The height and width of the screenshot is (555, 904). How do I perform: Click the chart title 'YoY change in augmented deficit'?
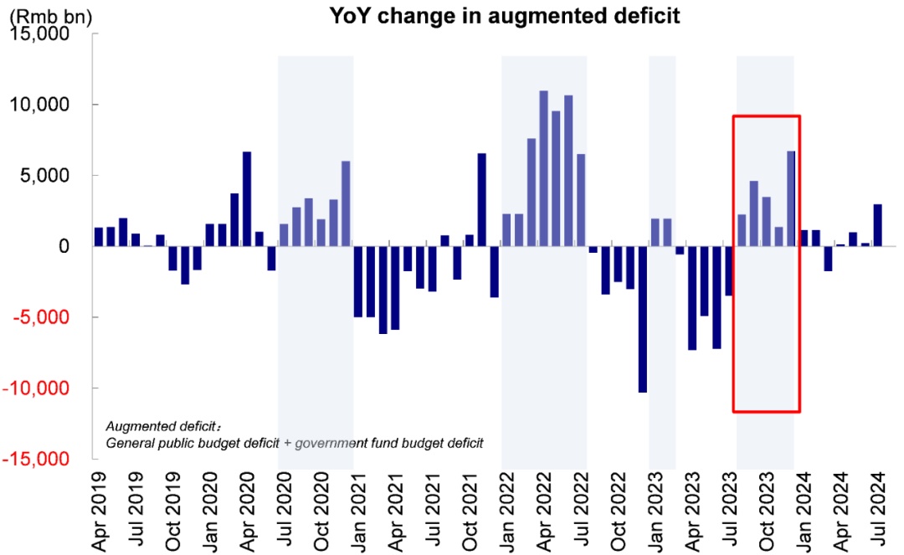pos(505,17)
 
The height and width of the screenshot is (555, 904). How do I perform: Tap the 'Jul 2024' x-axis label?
pos(878,510)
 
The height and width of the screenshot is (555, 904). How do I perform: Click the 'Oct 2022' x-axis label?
pos(619,510)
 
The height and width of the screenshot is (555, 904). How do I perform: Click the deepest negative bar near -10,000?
pos(643,319)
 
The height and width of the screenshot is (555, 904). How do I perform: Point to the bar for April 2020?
pos(247,199)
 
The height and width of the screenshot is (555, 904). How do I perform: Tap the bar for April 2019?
pos(99,237)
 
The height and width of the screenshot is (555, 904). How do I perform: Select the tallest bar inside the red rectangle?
pos(791,199)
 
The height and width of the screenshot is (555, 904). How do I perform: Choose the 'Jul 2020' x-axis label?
pos(285,510)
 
